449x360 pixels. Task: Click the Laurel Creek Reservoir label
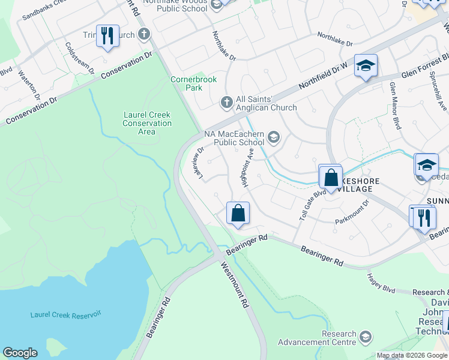(x=66, y=314)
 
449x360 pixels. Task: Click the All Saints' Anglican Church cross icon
(x=227, y=103)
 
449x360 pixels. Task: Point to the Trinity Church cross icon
(x=144, y=34)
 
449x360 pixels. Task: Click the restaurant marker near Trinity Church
(x=107, y=36)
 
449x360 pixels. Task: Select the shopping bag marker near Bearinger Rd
(x=238, y=213)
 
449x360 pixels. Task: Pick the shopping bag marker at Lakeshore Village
(x=331, y=178)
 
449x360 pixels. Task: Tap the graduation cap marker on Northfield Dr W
(x=365, y=65)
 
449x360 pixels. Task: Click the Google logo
(x=20, y=353)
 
